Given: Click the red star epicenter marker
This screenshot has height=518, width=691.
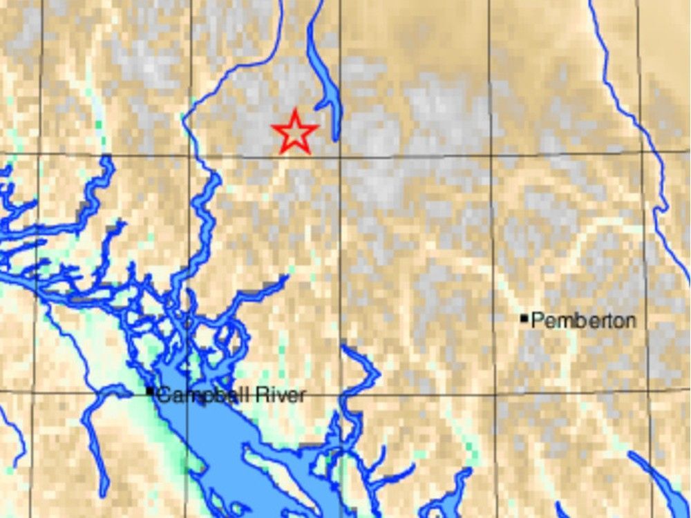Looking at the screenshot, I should pos(295,131).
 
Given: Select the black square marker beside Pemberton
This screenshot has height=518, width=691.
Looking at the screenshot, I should pos(524,318).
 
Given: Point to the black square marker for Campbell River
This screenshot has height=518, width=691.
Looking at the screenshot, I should pos(150,392).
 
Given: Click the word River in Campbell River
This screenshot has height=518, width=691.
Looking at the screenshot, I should pos(281,396).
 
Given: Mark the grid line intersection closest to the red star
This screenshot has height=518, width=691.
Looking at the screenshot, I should pos(340,156).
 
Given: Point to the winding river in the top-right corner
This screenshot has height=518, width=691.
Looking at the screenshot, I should pos(625,104).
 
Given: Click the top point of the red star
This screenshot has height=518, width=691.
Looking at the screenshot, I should pos(295,110).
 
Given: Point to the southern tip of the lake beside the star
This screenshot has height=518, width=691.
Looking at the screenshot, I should pos(335,139).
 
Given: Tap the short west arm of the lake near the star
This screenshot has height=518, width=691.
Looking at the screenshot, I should pos(321,105).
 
